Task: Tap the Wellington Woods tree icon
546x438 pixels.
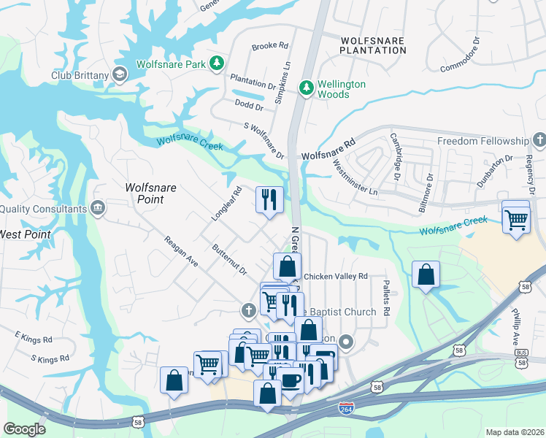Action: [x=307, y=88]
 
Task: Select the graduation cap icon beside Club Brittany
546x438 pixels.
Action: [x=120, y=74]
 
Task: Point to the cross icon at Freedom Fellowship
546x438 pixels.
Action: [x=539, y=140]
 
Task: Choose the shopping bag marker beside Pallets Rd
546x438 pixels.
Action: [x=426, y=275]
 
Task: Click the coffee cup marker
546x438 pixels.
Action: [x=291, y=380]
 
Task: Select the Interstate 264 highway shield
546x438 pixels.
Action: [x=347, y=410]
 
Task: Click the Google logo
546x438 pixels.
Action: [x=24, y=429]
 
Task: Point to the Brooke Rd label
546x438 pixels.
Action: [x=270, y=46]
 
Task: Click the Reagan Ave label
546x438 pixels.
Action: [x=181, y=251]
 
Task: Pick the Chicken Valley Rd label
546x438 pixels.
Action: [x=335, y=277]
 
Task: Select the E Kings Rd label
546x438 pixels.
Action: [x=34, y=339]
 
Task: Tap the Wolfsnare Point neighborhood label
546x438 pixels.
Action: [x=150, y=193]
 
